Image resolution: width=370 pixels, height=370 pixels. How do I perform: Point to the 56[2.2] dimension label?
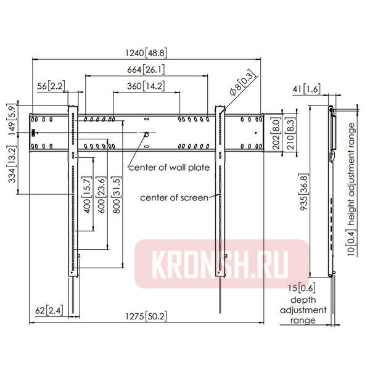tap(51, 86)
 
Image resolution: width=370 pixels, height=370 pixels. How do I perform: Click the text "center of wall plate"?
tap(169, 168)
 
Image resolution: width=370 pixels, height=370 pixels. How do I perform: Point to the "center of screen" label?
tap(175, 197)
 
